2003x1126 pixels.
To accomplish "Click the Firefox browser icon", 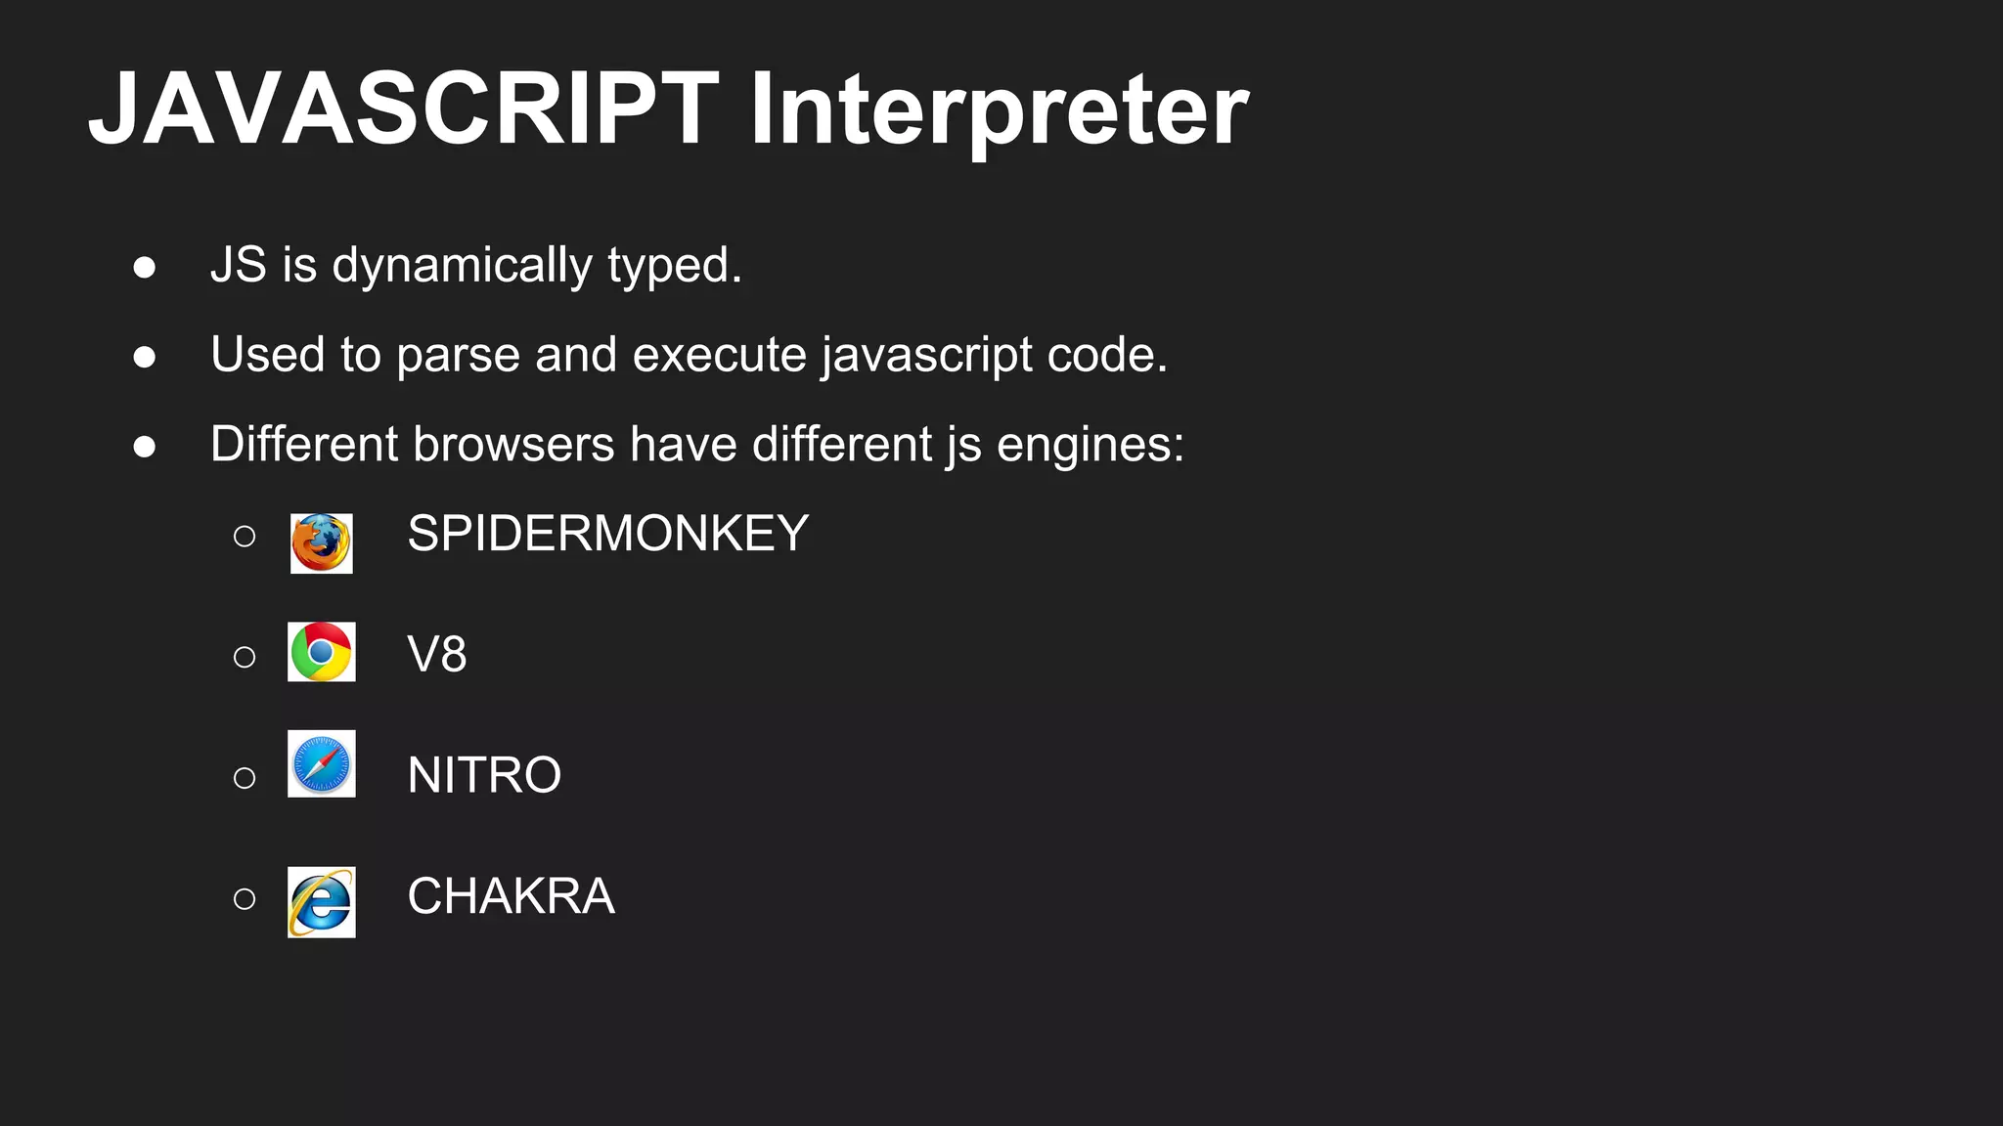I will pyautogui.click(x=321, y=542).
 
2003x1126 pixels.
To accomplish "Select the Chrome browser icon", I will pyautogui.click(x=321, y=652).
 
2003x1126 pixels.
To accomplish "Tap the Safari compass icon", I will pyautogui.click(x=321, y=764).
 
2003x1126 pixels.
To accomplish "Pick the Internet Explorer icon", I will pyautogui.click(x=321, y=902).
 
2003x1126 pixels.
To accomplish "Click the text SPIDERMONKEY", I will pyautogui.click(x=607, y=534).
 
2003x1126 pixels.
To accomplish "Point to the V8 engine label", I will pyautogui.click(x=436, y=654).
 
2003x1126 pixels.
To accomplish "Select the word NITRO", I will pyautogui.click(x=484, y=775).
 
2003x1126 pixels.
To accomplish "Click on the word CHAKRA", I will pyautogui.click(x=511, y=896).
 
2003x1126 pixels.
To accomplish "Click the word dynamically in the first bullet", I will pyautogui.click(x=462, y=266).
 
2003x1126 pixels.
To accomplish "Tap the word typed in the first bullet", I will pyautogui.click(x=674, y=266).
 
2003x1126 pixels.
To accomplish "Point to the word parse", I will pyautogui.click(x=458, y=356).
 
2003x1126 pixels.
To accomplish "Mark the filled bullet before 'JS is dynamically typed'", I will pyautogui.click(x=145, y=268).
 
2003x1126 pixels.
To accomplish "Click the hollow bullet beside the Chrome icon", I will pyautogui.click(x=245, y=657).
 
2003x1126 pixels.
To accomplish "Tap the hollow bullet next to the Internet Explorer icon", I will pyautogui.click(x=245, y=898).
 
